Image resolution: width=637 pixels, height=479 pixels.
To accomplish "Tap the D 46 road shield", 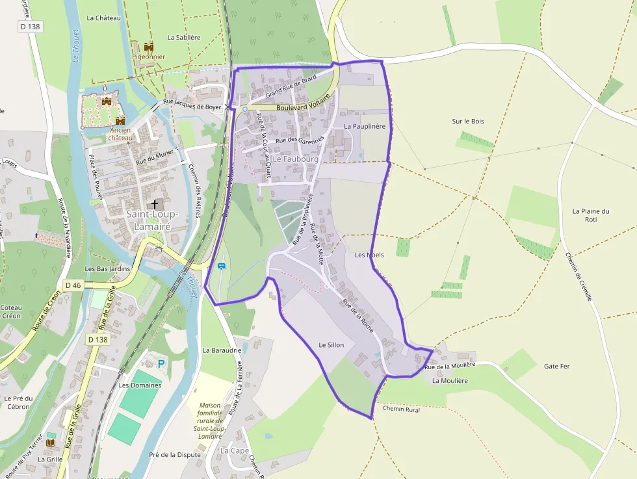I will [x=73, y=285].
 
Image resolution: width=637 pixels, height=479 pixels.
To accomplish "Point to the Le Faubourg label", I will [x=295, y=159].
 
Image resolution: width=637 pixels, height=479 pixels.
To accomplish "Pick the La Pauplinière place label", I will [x=365, y=126].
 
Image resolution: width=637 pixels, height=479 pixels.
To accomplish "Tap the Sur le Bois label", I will [x=468, y=122].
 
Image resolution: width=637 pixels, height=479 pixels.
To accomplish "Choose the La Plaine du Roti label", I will [x=591, y=215].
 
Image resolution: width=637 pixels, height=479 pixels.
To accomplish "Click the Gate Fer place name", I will [x=556, y=367].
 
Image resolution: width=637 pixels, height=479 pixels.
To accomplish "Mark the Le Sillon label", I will [x=331, y=345].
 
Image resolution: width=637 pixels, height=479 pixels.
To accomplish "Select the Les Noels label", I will [x=369, y=255].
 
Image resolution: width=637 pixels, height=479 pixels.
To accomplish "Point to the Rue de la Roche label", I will [x=358, y=317].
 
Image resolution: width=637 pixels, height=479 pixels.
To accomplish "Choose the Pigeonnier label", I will [x=149, y=57].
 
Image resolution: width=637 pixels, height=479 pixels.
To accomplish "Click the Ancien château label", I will [x=120, y=134].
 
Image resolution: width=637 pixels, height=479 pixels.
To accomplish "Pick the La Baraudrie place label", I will [x=222, y=350].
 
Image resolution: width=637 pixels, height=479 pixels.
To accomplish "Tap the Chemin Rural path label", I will [x=401, y=409].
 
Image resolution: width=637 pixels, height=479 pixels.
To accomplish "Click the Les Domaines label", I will [x=140, y=385].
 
